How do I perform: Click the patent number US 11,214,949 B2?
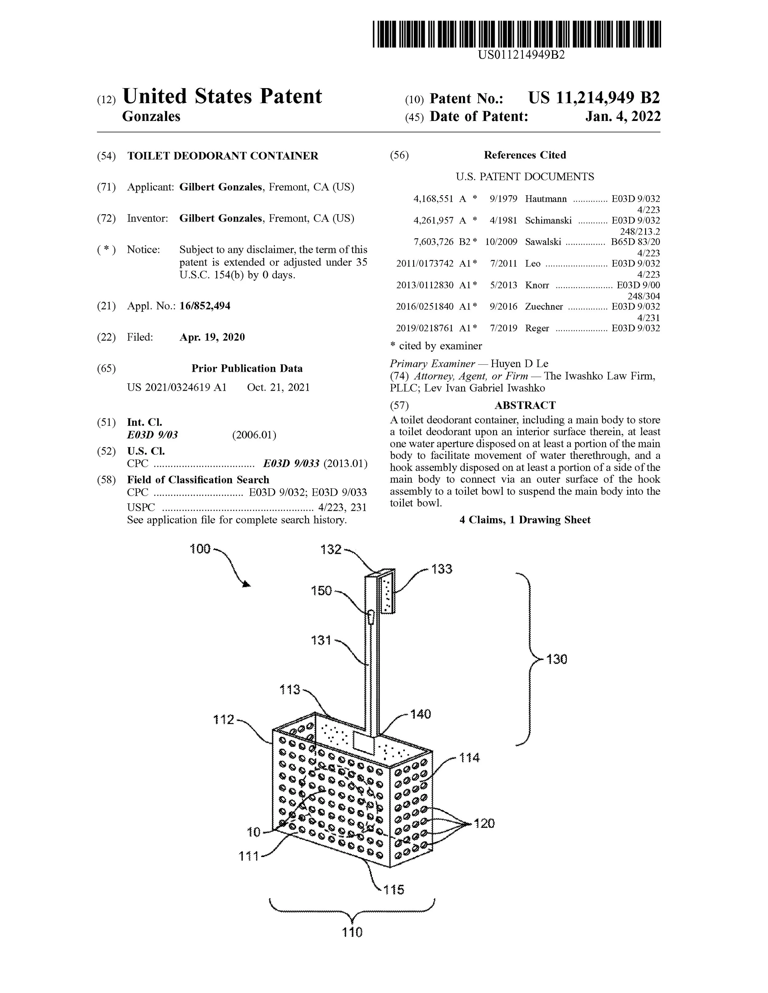coord(594,98)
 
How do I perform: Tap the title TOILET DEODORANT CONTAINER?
coord(223,156)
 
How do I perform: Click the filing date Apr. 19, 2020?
coord(212,337)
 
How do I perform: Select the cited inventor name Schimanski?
coord(548,220)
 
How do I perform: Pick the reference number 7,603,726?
coord(433,242)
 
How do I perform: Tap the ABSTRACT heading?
coord(525,405)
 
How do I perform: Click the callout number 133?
coord(442,569)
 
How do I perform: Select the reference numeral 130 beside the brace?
coord(557,660)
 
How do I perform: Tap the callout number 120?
coord(484,824)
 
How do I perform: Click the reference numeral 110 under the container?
coord(352,933)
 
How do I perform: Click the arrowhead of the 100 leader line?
coord(247,584)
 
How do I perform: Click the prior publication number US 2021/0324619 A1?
coord(177,387)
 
